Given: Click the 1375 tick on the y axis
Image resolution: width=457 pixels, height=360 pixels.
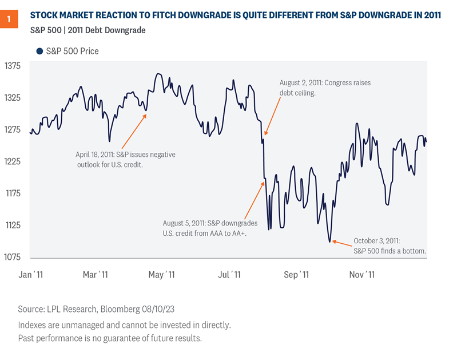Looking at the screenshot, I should tap(13, 66).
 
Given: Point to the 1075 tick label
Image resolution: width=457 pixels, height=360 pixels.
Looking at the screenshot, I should tap(13, 256).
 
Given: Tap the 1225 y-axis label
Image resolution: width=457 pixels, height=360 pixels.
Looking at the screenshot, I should tap(13, 161).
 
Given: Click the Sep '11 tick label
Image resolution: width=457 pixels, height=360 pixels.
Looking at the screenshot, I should tap(296, 275).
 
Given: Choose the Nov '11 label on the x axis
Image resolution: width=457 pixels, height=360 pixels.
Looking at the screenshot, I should tap(361, 275).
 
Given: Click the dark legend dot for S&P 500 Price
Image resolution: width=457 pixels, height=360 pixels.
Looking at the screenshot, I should tap(39, 52).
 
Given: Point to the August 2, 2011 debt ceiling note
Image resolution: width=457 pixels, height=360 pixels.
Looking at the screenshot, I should tap(324, 88).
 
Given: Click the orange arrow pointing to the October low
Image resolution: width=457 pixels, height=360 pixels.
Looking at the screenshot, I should tap(342, 243).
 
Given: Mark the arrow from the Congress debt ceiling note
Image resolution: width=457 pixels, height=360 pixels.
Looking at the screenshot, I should tap(271, 116).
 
